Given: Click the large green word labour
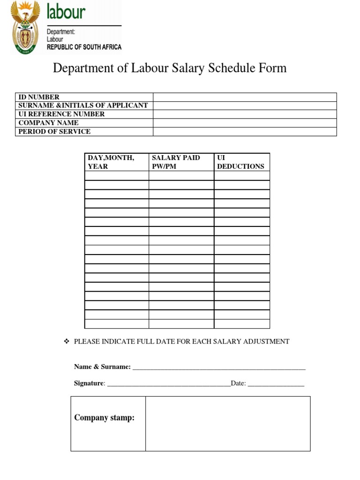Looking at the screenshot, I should click(x=66, y=11).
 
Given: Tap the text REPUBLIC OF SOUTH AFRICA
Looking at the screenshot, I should click(x=84, y=47).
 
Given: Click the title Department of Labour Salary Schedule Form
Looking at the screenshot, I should click(x=169, y=68).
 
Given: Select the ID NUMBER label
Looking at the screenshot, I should click(x=39, y=97).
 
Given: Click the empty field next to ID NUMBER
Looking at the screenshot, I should click(x=245, y=97).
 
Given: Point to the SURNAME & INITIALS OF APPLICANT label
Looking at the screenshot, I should click(x=83, y=105).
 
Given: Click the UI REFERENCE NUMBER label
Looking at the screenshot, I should click(x=61, y=114).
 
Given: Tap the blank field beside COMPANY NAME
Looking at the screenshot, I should click(x=245, y=123).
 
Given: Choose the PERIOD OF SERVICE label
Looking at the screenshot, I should click(x=54, y=132).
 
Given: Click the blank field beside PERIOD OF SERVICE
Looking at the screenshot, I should click(x=245, y=132).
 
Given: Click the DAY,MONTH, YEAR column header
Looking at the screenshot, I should click(x=111, y=162).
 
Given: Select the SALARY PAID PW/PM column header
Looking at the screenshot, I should click(x=176, y=162).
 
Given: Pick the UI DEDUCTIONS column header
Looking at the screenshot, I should click(x=240, y=162).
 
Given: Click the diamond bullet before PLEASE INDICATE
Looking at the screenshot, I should click(x=66, y=341).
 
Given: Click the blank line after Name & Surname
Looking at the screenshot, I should click(x=219, y=367).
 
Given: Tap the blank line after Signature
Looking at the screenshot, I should click(x=169, y=384).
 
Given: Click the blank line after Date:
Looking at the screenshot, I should click(x=276, y=384).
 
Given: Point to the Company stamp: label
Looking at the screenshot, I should click(x=104, y=418).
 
